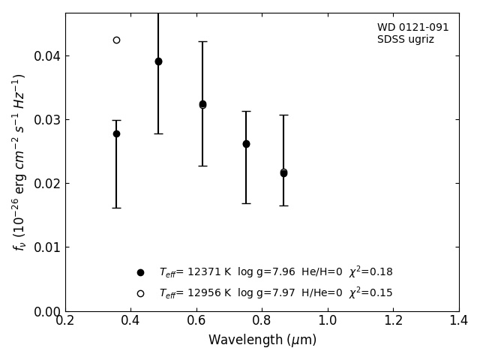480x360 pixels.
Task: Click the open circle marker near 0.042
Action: pyautogui.click(x=116, y=40)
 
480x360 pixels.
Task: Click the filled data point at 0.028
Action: pyautogui.click(x=116, y=133)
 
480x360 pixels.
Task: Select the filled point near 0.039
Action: pyautogui.click(x=158, y=61)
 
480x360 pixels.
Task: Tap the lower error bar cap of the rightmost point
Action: pyautogui.click(x=283, y=205)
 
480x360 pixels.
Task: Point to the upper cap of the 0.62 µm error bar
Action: pyautogui.click(x=202, y=41)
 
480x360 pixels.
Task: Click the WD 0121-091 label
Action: pyautogui.click(x=412, y=28)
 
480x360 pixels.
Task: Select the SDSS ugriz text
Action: pyautogui.click(x=405, y=40)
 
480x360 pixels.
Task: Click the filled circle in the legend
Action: pyautogui.click(x=140, y=272)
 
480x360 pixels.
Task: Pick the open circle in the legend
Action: pyautogui.click(x=140, y=293)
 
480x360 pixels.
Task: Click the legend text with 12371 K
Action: pyautogui.click(x=275, y=272)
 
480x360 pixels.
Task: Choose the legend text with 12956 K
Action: pyautogui.click(x=275, y=293)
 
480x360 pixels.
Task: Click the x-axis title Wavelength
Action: pyautogui.click(x=262, y=340)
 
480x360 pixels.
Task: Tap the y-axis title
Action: pyautogui.click(x=19, y=161)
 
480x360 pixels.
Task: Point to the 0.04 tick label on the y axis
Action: pyautogui.click(x=47, y=56)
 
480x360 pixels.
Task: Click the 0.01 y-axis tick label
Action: pyautogui.click(x=47, y=247)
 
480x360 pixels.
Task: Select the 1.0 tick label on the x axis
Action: pyautogui.click(x=328, y=321)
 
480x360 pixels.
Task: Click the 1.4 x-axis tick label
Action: pyautogui.click(x=458, y=321)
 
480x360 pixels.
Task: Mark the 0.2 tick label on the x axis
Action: pyautogui.click(x=65, y=321)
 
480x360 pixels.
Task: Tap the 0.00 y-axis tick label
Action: pyautogui.click(x=47, y=311)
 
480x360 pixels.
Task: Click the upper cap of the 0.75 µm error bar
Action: pyautogui.click(x=246, y=111)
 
